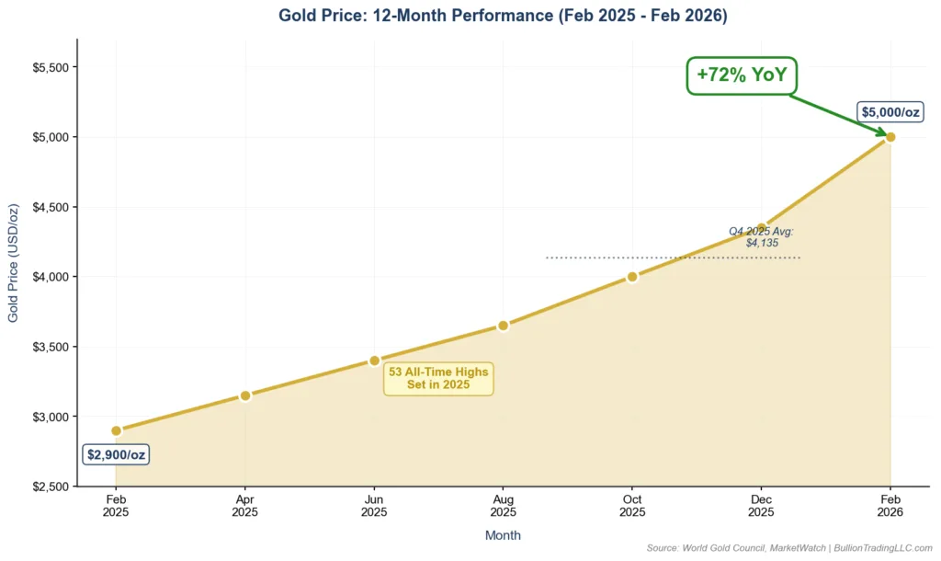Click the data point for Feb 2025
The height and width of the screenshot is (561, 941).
116,430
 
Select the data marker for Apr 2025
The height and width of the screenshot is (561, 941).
245,395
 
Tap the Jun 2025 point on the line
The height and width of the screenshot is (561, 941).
374,361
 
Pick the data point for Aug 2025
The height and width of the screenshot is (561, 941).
503,326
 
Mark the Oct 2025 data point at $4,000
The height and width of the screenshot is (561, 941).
632,277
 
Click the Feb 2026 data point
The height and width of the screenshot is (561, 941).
890,137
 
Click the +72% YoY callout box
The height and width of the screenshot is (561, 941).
742,75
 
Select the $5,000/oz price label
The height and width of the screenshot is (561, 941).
890,112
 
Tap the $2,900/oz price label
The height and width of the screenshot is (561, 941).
116,454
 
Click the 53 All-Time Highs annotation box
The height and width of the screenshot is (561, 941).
438,378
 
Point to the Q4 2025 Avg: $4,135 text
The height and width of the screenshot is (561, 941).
762,237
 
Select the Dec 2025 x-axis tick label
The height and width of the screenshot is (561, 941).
761,505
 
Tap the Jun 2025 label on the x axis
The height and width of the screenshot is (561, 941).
374,505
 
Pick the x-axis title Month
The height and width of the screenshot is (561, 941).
503,535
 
